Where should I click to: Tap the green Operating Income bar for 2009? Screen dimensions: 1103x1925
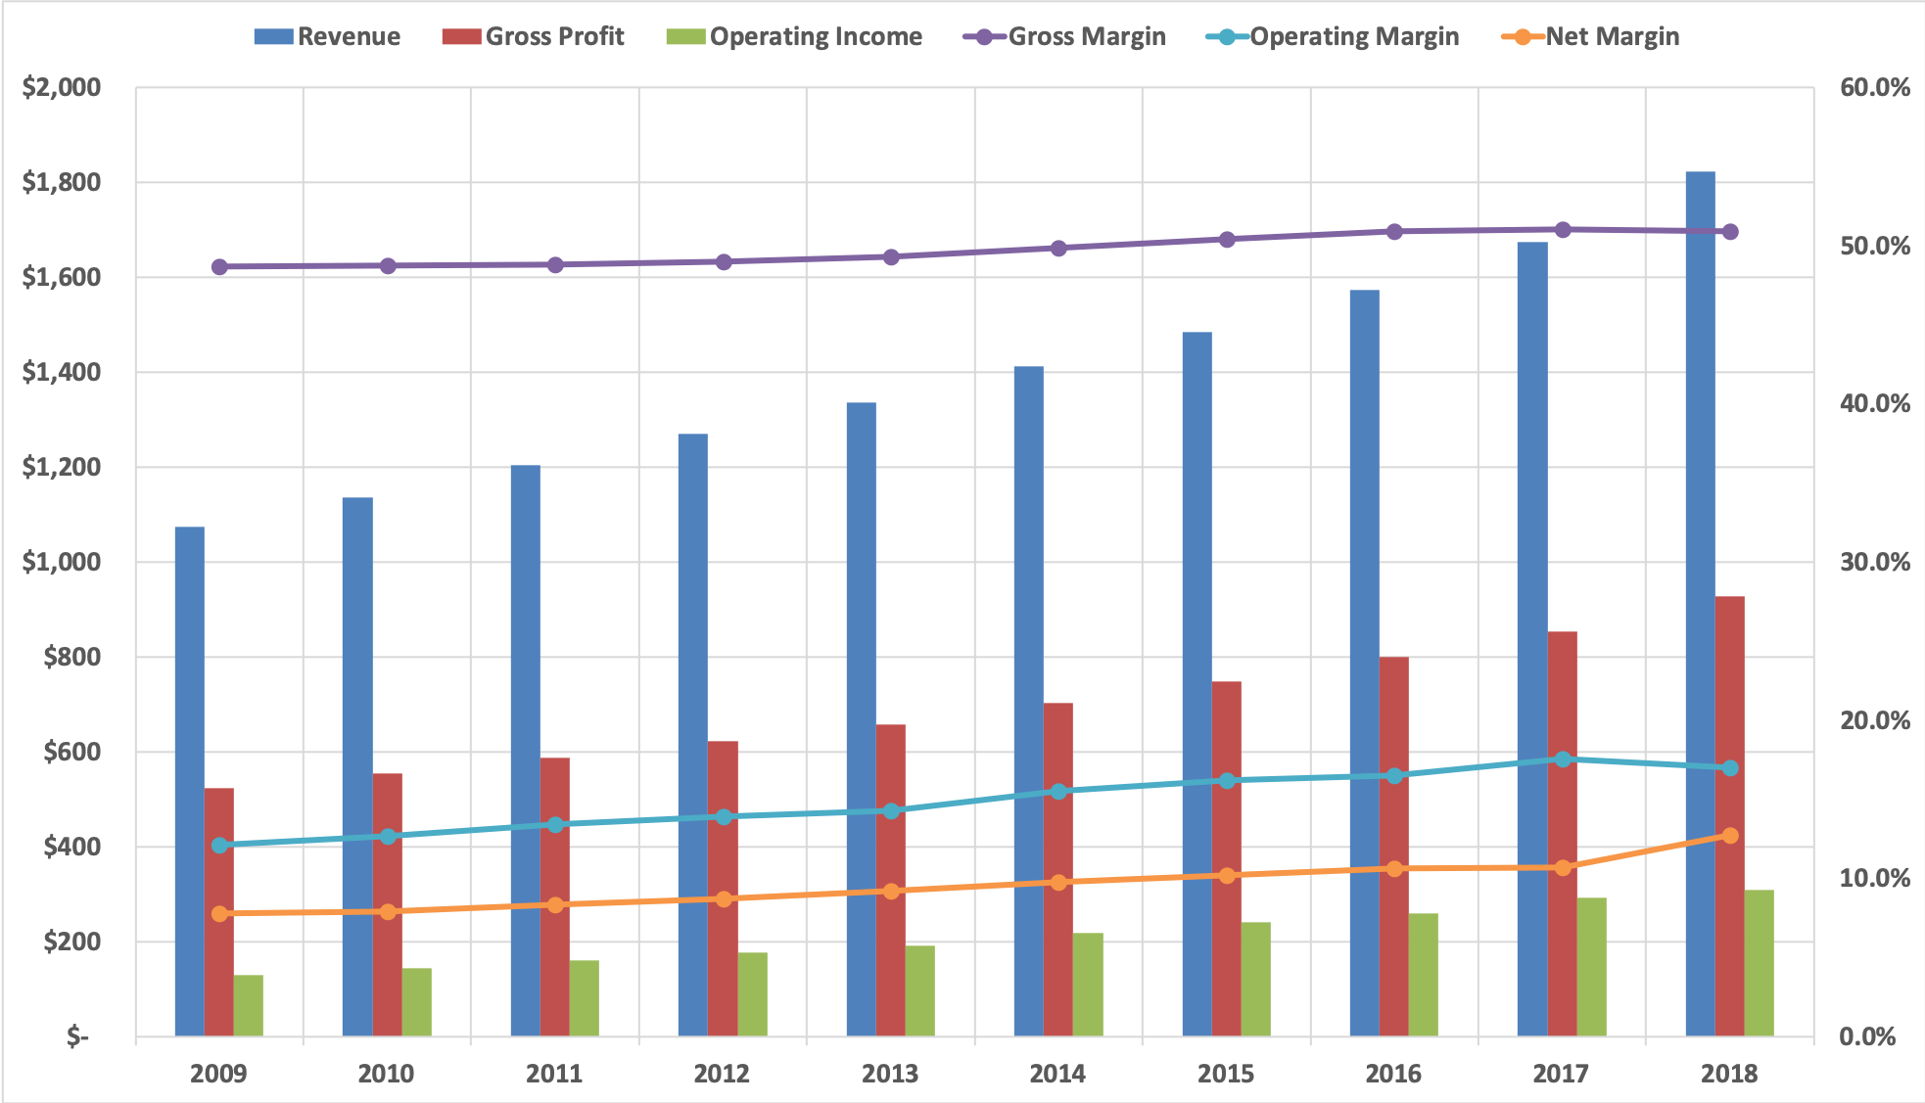[x=248, y=1005]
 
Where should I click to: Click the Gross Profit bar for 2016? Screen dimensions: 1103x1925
[x=1393, y=846]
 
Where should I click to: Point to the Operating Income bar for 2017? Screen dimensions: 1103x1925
[x=1591, y=966]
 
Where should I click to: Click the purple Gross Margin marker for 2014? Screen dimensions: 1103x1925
[x=1058, y=249]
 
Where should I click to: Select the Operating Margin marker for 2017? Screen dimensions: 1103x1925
[x=1563, y=759]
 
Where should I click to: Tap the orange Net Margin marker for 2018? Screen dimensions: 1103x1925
[x=1730, y=836]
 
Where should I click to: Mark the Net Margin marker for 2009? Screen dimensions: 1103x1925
[x=219, y=913]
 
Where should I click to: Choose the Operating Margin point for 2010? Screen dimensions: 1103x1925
[x=388, y=837]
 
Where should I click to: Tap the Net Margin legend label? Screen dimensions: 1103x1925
[x=1612, y=37]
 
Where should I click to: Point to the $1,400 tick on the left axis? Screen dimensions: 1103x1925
[x=62, y=372]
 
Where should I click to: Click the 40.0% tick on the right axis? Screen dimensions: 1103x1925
[x=1874, y=403]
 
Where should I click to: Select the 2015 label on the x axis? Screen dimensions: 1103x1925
[x=1225, y=1074]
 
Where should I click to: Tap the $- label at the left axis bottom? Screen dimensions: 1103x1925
[x=77, y=1036]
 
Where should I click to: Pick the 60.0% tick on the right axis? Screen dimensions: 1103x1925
[x=1874, y=87]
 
